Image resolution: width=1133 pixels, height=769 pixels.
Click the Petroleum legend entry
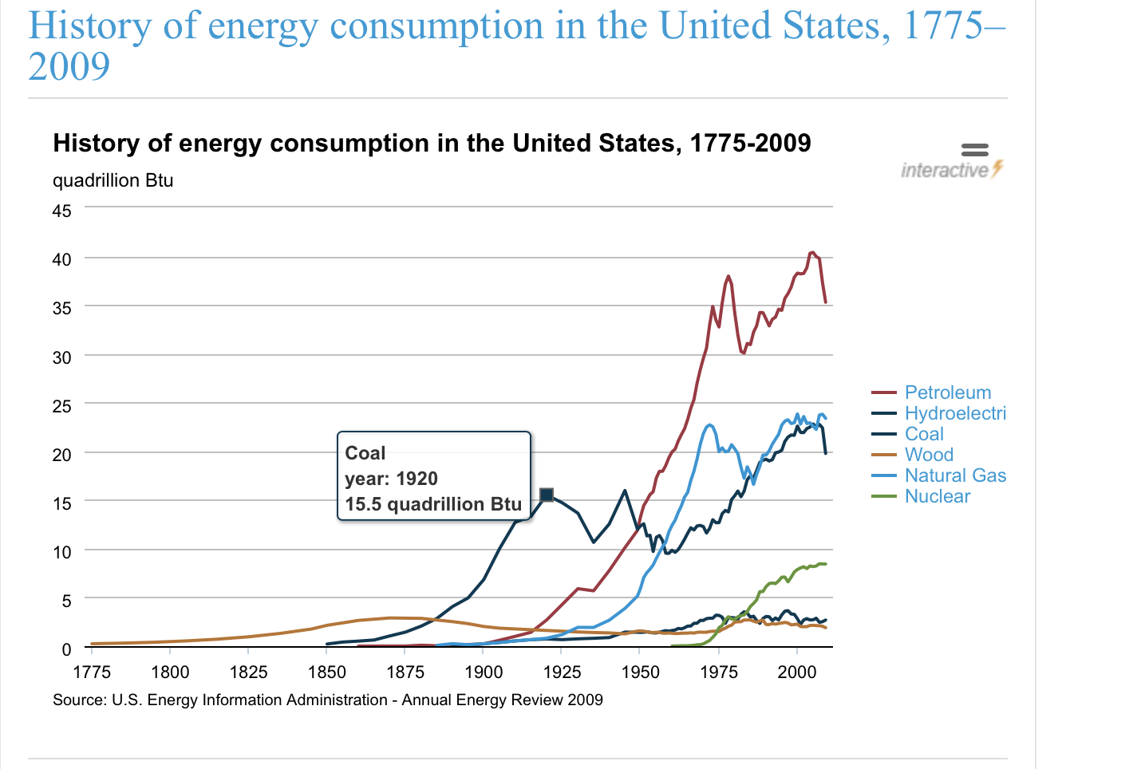coord(947,392)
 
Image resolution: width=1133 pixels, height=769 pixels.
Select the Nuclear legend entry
coord(937,496)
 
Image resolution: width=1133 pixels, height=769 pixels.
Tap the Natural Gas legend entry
coord(955,475)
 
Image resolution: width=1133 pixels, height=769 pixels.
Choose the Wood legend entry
coord(929,455)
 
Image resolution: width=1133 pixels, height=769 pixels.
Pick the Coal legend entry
coord(924,434)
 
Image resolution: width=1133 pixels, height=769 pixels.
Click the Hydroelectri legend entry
coord(955,413)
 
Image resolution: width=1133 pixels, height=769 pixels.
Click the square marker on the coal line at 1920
coord(547,495)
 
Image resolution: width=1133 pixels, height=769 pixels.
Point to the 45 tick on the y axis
coord(62,211)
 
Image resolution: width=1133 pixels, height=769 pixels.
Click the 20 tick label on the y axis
coord(62,455)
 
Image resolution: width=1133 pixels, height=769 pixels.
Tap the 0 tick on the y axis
coord(66,649)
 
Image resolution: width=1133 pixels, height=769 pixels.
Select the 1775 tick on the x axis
coord(92,672)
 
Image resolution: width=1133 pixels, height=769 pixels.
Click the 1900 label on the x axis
coord(484,672)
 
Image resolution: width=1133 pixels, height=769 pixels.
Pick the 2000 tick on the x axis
coord(796,672)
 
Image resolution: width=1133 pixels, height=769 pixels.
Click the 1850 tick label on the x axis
coord(327,672)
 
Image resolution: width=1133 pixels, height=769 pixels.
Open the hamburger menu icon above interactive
coord(974,149)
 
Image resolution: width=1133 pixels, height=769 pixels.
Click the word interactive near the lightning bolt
coord(945,170)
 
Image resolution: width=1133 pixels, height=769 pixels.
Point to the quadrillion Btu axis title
coord(113,180)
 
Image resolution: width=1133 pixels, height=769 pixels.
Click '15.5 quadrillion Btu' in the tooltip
coord(433,504)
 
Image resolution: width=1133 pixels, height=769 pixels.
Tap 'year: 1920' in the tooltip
coord(391,479)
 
